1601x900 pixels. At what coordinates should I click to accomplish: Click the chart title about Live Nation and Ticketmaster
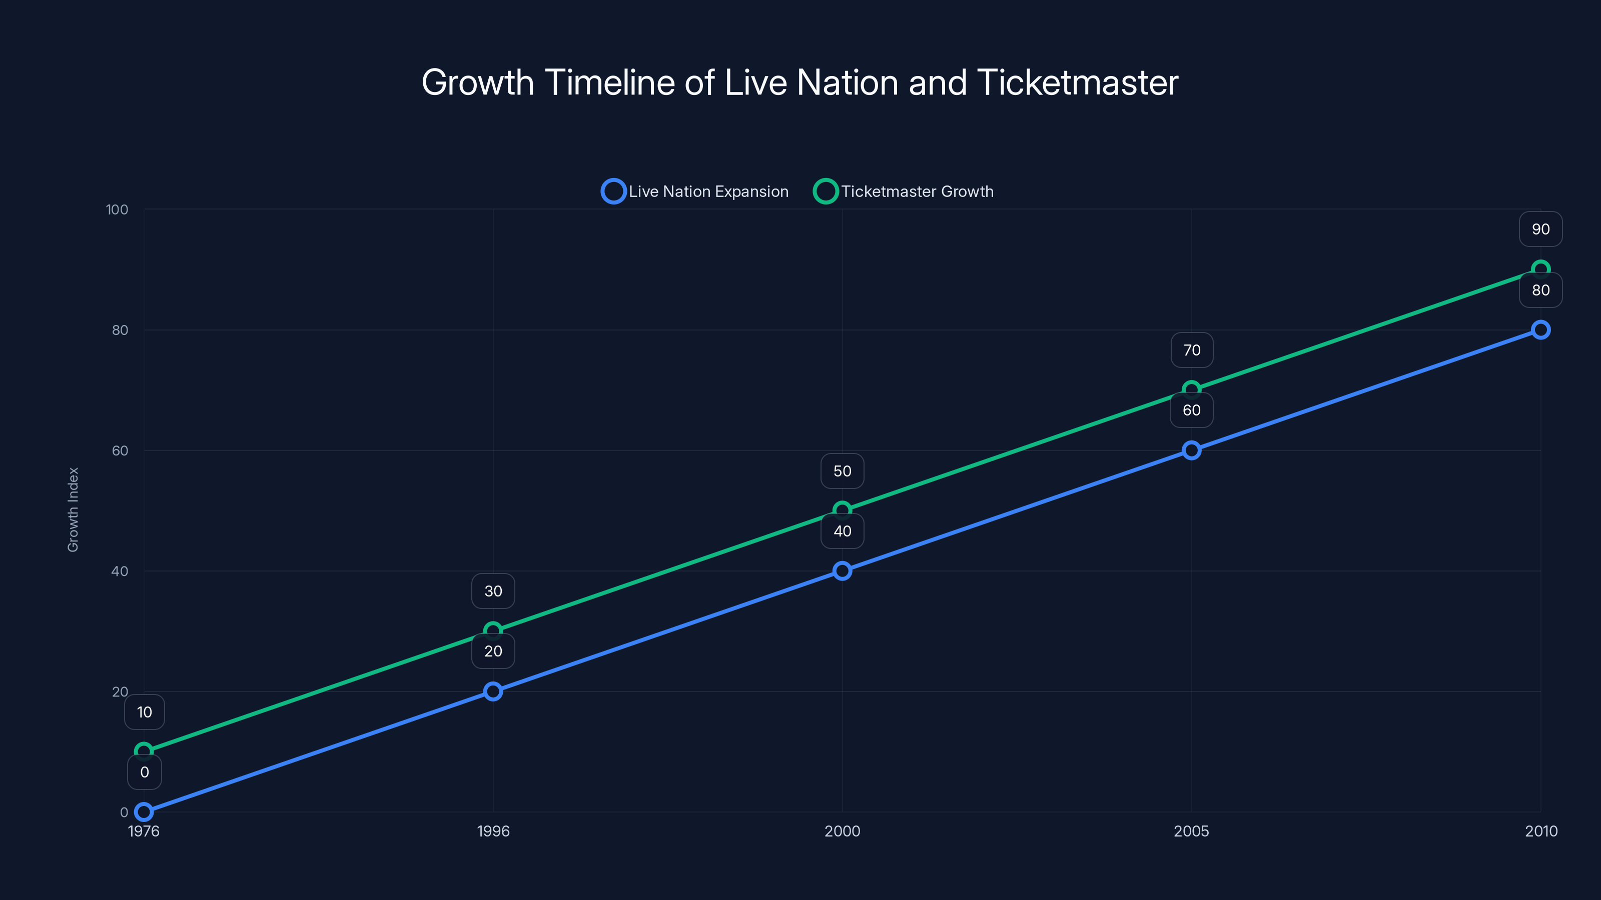coord(800,82)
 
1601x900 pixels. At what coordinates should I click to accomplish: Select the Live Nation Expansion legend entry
coord(695,191)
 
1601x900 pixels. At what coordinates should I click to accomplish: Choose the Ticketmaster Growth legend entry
coord(904,191)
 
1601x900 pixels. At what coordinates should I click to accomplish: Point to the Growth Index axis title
coord(74,509)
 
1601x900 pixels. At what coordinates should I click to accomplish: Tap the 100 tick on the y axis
coord(117,209)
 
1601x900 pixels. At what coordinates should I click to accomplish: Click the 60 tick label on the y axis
coord(120,450)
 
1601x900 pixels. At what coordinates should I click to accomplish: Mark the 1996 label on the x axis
coord(493,831)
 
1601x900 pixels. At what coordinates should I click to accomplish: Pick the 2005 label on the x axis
coord(1191,831)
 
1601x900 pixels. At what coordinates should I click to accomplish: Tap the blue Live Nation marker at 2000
coord(842,571)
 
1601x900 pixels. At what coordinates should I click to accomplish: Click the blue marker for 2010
coord(1540,330)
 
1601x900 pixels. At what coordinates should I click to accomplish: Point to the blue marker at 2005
coord(1191,450)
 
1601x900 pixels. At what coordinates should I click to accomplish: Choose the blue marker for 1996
coord(493,691)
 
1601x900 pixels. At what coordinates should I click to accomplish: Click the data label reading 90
coord(1540,229)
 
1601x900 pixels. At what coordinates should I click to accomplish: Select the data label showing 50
coord(842,471)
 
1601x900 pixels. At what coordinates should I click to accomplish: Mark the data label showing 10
coord(144,712)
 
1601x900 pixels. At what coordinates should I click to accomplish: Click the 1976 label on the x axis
coord(144,831)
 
